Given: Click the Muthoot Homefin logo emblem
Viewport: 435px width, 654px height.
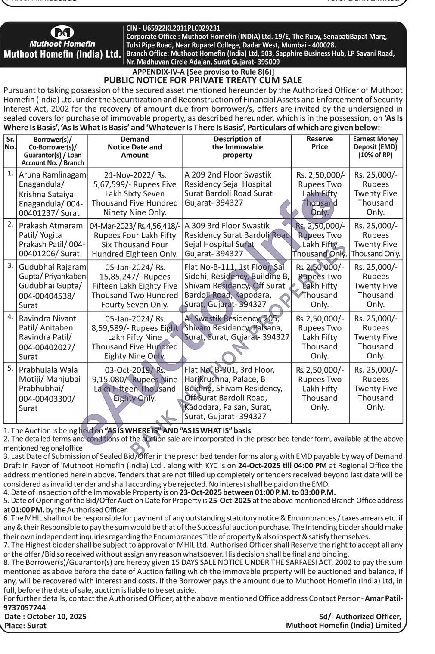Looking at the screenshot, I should pos(62,32).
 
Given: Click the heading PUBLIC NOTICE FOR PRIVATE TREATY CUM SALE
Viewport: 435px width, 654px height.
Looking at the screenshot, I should pos(203,80).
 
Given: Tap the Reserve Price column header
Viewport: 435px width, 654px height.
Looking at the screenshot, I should pos(320,143).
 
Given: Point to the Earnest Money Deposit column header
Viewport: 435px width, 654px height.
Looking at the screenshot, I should pos(375,146).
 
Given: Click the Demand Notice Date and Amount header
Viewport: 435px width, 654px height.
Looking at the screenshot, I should pos(135,147).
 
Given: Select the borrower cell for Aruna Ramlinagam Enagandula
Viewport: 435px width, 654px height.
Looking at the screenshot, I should pos(52,194).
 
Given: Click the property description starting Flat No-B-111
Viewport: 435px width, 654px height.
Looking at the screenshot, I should pos(237,285).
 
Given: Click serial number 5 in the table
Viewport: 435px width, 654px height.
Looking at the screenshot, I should pos(10,369).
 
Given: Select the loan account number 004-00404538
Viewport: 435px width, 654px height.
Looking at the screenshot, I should pos(47,296).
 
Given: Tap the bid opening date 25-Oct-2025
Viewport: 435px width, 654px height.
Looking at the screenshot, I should pos(230,501).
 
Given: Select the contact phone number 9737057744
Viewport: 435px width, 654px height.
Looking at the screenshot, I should pos(25,607).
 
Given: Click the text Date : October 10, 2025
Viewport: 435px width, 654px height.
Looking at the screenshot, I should pos(45,616).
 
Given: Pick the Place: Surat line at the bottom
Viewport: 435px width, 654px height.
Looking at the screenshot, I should pos(25,625).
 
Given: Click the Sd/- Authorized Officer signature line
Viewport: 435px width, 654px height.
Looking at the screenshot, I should pos(360,617).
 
